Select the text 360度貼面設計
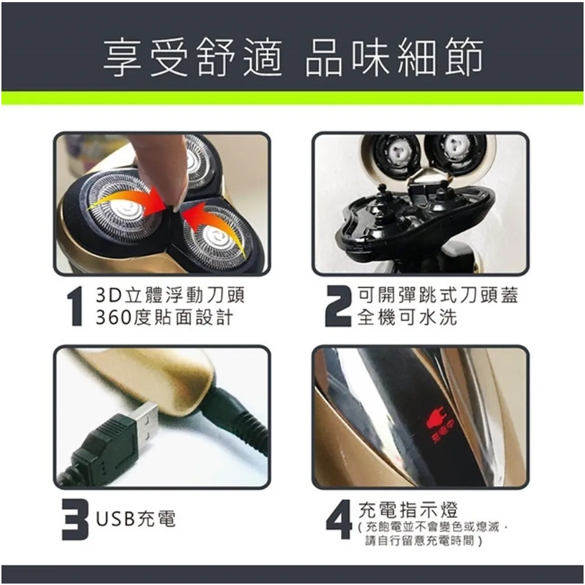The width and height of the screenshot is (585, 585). [x=164, y=317]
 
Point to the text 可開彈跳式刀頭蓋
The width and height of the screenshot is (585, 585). [x=438, y=296]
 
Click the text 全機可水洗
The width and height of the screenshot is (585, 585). [x=408, y=317]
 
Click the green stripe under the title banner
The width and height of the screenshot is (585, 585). [x=292, y=98]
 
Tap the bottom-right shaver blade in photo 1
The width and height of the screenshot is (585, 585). [x=215, y=234]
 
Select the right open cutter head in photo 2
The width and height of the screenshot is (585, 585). [x=456, y=151]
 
